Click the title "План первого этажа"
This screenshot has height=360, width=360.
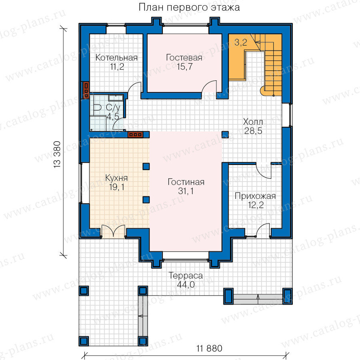189,8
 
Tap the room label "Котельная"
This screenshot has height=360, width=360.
116,57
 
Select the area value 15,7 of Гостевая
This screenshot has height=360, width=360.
184,66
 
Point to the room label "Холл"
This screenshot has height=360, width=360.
253,122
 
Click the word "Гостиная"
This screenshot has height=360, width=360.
186,182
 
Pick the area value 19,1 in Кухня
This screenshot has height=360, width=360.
117,187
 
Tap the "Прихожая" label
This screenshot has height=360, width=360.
255,196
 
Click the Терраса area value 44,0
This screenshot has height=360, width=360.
186,284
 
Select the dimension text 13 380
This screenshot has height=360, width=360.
57,154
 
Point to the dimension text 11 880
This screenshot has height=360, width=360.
209,348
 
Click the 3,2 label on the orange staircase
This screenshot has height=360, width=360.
241,42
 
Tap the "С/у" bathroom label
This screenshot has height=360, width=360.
113,108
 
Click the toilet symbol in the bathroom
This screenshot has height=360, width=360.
97,108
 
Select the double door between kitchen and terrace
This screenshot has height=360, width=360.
113,230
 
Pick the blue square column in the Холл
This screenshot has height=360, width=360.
225,134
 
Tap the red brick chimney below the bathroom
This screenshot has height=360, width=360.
136,134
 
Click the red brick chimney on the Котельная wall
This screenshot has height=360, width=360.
86,90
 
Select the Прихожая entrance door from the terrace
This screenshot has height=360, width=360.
263,230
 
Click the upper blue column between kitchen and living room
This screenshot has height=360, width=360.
146,166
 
